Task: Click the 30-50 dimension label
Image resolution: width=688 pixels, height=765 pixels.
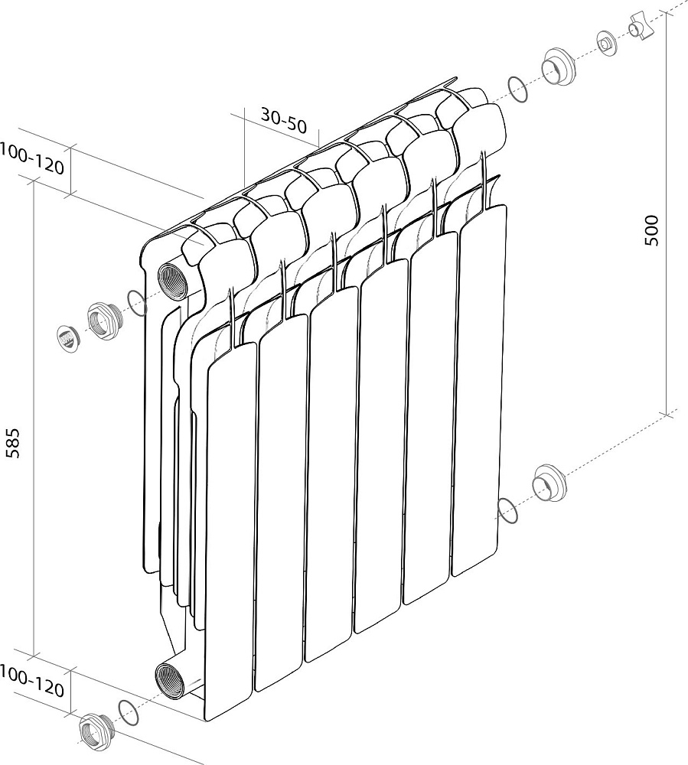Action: (x=283, y=121)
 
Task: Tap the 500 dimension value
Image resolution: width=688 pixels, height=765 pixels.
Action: (x=651, y=229)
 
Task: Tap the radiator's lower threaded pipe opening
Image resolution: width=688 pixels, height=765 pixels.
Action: (x=169, y=681)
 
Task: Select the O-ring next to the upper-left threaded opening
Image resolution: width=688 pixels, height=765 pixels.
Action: (x=137, y=302)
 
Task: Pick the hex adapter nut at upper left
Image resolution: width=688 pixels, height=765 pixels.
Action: (x=104, y=321)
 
